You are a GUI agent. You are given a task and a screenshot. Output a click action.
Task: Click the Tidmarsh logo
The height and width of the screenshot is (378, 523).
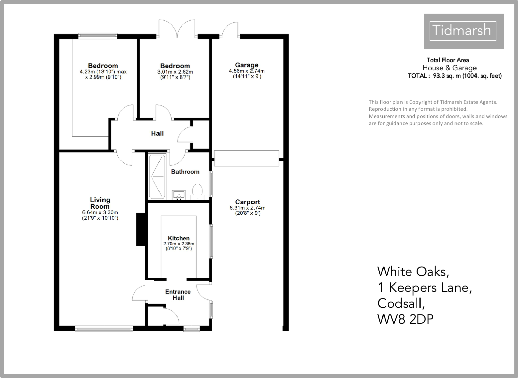[x=463, y=31]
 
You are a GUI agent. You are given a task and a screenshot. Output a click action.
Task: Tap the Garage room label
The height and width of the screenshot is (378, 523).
[x=247, y=65]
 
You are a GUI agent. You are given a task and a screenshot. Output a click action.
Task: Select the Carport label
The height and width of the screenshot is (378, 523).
[x=247, y=202]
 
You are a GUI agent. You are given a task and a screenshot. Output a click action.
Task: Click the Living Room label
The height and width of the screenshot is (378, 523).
[x=100, y=203]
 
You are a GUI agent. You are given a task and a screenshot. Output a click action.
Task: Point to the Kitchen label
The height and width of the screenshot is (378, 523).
[x=179, y=238]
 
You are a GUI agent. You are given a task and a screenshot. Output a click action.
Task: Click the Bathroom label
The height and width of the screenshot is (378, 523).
[x=185, y=172]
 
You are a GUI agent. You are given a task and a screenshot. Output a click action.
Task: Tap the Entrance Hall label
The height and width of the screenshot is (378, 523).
[x=178, y=295]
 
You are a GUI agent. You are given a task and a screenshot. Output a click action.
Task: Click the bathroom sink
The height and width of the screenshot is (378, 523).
[x=179, y=195]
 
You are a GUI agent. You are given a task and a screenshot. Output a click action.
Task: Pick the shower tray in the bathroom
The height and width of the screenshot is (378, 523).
[x=157, y=177]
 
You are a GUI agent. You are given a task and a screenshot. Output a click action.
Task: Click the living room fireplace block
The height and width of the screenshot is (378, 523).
[x=141, y=229]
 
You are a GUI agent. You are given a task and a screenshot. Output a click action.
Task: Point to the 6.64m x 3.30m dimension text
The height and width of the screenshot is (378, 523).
[x=100, y=213]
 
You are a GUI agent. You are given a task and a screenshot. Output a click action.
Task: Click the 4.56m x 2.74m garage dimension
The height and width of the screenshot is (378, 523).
[x=247, y=71]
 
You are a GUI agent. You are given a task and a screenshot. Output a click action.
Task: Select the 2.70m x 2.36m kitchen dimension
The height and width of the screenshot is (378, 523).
[x=179, y=244]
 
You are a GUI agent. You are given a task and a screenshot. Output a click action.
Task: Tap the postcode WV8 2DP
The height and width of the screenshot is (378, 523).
[x=405, y=319]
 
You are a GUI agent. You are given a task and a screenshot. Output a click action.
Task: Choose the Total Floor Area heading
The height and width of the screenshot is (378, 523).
[x=448, y=60]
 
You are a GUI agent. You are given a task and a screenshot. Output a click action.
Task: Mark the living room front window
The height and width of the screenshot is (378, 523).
[x=104, y=328]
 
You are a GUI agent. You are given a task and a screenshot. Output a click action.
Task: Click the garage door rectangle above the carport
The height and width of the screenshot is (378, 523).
[x=247, y=158]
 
